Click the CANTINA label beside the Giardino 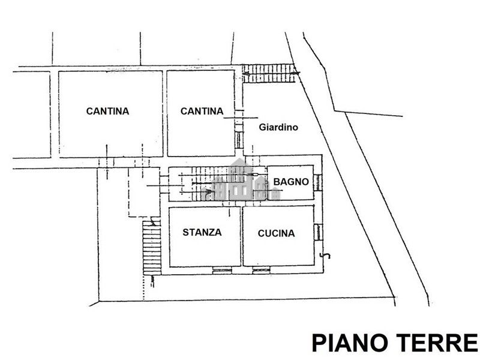pyautogui.click(x=202, y=111)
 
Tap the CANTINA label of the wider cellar pyautogui.click(x=107, y=111)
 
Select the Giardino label pyautogui.click(x=278, y=127)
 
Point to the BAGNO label pyautogui.click(x=291, y=182)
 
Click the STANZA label pyautogui.click(x=202, y=232)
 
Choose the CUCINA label pyautogui.click(x=276, y=233)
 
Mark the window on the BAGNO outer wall pyautogui.click(x=318, y=182)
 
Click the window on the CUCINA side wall pyautogui.click(x=318, y=232)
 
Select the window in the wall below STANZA pyautogui.click(x=222, y=270)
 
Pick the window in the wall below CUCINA pyautogui.click(x=261, y=270)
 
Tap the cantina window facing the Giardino pyautogui.click(x=239, y=140)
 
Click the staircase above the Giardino pyautogui.click(x=268, y=73)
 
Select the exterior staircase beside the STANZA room pyautogui.click(x=152, y=248)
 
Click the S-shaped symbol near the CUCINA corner pyautogui.click(x=325, y=256)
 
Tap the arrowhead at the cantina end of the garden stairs pyautogui.click(x=246, y=74)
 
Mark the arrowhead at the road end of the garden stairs pyautogui.click(x=296, y=73)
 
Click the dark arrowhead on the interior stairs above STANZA pyautogui.click(x=209, y=191)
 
